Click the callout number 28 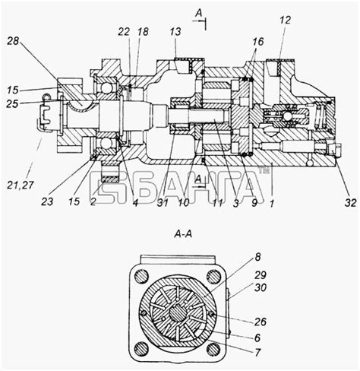(x=13, y=41)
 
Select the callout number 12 (x=285, y=20)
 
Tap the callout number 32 (x=350, y=202)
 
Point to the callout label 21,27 (x=21, y=185)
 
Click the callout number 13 (x=175, y=32)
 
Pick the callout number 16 (x=258, y=42)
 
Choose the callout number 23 (x=47, y=201)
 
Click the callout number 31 (x=163, y=202)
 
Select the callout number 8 (x=257, y=257)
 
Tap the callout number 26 (x=261, y=322)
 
